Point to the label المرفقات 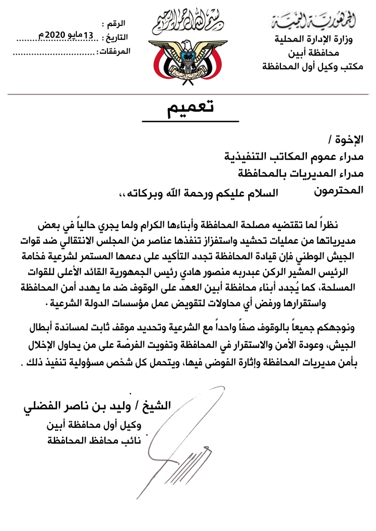(x=114, y=51)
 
